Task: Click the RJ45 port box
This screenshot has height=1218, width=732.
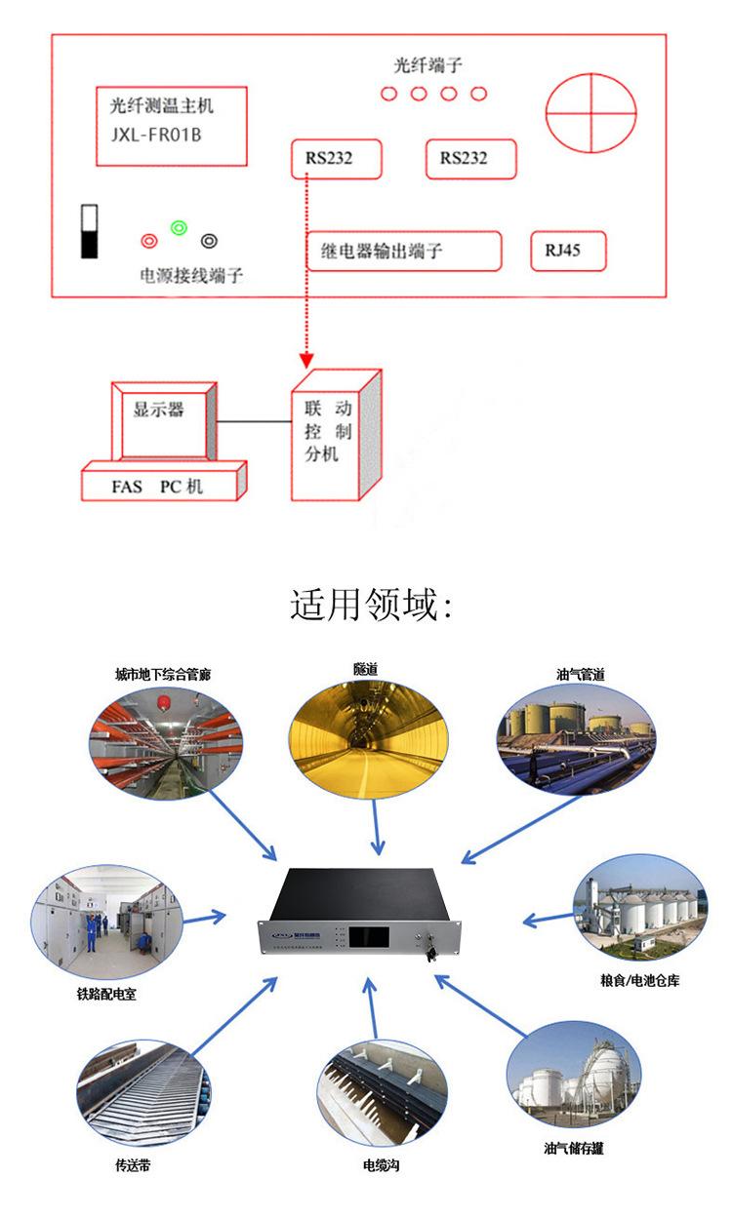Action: pos(568,251)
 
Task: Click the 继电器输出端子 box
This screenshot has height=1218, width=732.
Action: pos(404,251)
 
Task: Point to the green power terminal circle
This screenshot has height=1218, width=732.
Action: pos(179,228)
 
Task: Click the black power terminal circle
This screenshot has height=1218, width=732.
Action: pos(209,240)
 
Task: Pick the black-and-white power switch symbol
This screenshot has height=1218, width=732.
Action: pos(90,231)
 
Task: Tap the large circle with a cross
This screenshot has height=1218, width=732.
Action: pos(590,114)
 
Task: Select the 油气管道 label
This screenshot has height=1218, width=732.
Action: pos(580,674)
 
